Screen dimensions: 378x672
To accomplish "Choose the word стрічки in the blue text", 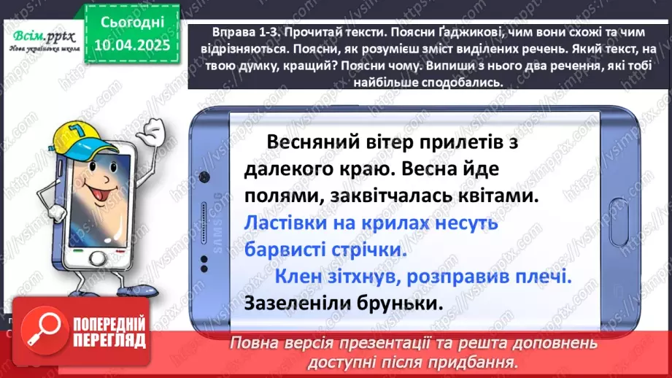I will (364, 250).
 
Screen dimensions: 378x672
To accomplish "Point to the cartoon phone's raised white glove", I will (152, 134).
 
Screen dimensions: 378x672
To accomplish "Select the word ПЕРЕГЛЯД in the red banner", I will (110, 342).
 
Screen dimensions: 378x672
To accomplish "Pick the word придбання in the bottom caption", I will (482, 361).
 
